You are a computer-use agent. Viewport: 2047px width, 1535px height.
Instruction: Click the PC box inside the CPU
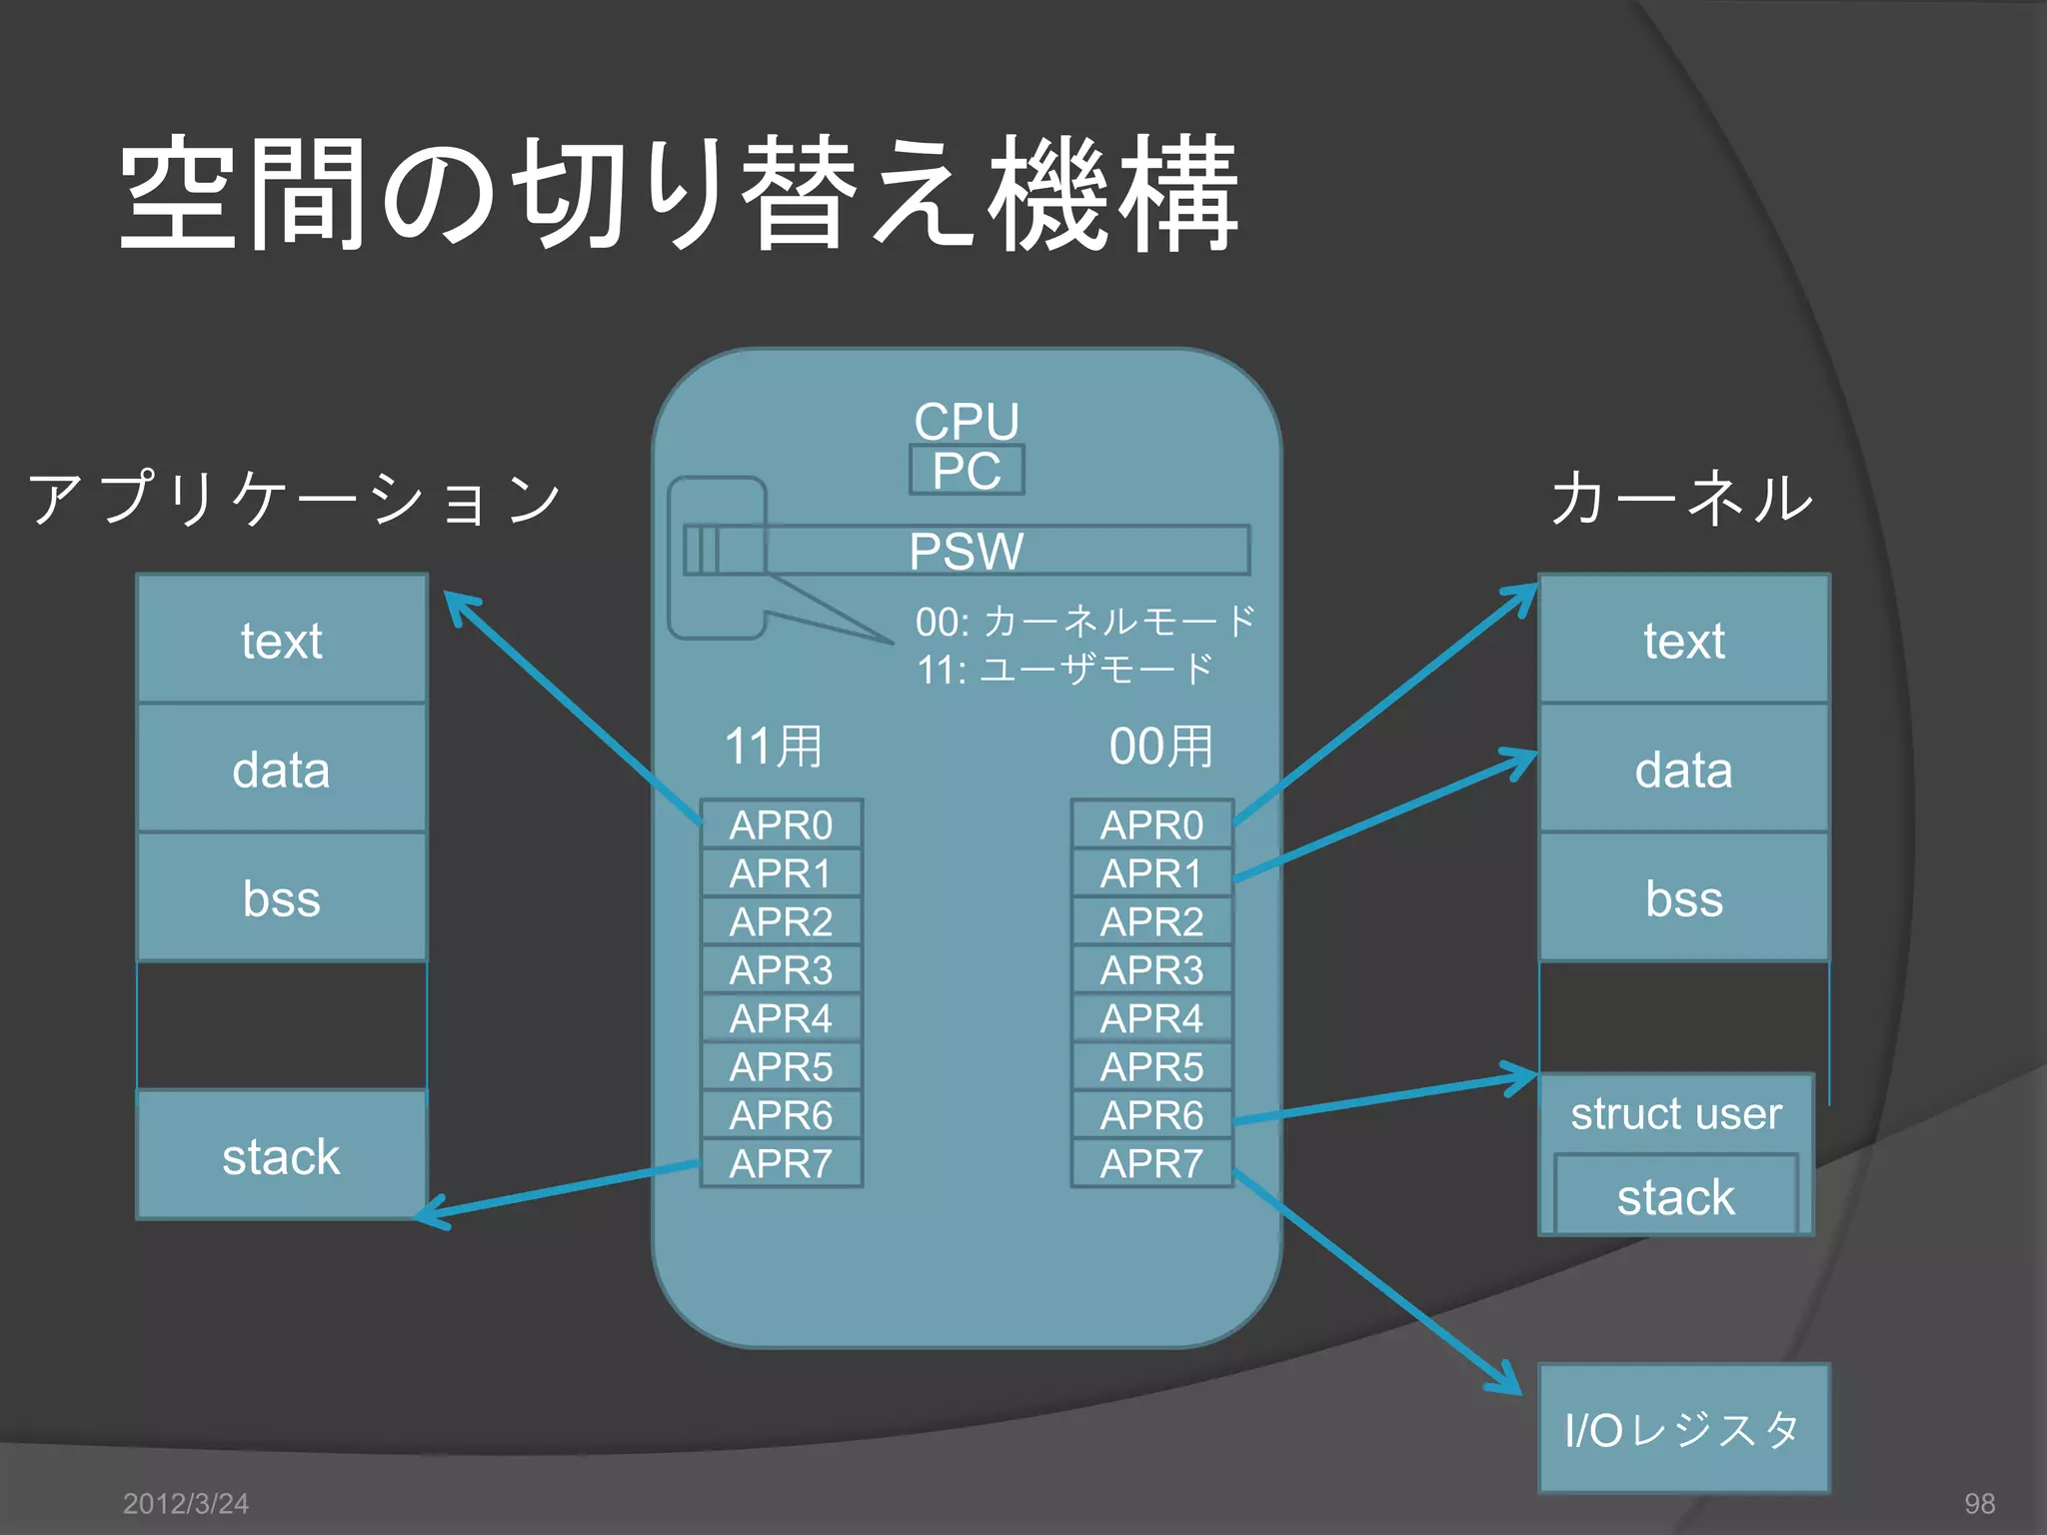tap(967, 471)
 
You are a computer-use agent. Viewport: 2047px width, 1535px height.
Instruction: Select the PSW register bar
tap(967, 551)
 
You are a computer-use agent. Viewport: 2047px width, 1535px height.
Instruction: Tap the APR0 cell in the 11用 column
tap(781, 824)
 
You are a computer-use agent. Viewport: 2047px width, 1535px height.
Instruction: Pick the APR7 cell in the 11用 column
tap(781, 1163)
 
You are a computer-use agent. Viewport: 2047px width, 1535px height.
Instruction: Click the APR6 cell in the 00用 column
tap(1151, 1115)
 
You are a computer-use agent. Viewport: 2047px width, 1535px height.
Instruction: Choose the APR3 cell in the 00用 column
tap(1151, 969)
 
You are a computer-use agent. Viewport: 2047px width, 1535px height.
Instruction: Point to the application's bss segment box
tap(282, 897)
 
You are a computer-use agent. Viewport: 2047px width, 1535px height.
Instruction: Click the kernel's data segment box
tap(1684, 769)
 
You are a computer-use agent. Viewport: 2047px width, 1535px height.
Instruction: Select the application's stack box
tap(282, 1156)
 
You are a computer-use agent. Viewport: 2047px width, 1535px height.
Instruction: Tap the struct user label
tap(1676, 1113)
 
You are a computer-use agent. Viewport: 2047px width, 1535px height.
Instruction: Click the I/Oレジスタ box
tap(1684, 1429)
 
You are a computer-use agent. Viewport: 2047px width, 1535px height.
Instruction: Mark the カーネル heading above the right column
tap(1682, 498)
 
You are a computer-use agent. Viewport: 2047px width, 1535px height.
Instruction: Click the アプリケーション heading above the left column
tap(295, 498)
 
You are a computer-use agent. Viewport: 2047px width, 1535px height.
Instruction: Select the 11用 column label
tap(774, 747)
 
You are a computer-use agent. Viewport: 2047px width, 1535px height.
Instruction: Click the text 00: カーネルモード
tap(1084, 622)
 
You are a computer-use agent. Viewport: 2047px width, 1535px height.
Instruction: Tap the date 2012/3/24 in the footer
tap(186, 1503)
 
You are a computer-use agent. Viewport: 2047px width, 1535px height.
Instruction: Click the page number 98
tap(1979, 1503)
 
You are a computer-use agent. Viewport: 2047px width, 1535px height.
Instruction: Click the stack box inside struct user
tap(1676, 1196)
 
